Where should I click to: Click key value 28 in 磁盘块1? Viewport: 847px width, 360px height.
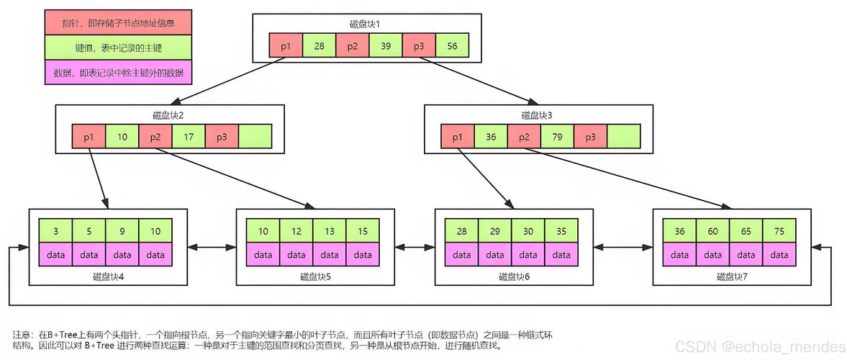coord(319,46)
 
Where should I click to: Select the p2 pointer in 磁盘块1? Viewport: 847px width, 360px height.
coord(352,46)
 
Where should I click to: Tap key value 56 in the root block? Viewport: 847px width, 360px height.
coord(452,46)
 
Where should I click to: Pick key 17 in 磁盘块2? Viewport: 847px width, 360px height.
coord(188,137)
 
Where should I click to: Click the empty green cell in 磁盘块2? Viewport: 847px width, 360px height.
coord(255,137)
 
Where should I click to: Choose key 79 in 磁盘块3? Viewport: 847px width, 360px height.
coord(557,137)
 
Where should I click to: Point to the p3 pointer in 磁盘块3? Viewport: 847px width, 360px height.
coord(590,137)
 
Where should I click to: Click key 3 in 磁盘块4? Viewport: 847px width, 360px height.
coord(55,231)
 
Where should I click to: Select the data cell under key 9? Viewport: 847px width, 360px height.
coord(122,255)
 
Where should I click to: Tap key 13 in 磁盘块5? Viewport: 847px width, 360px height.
coord(330,231)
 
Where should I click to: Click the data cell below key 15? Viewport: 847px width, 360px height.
coord(363,255)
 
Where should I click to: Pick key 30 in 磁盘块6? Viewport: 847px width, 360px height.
coord(528,231)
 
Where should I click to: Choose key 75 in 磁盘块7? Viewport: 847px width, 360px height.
coord(779,231)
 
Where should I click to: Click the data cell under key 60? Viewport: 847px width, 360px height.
coord(712,255)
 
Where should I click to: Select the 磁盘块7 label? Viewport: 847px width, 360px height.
coord(732,276)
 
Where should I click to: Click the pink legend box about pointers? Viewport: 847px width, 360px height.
coord(118,24)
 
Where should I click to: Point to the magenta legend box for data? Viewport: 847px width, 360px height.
coord(118,73)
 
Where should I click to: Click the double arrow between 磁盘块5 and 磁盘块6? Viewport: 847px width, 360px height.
coord(415,247)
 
